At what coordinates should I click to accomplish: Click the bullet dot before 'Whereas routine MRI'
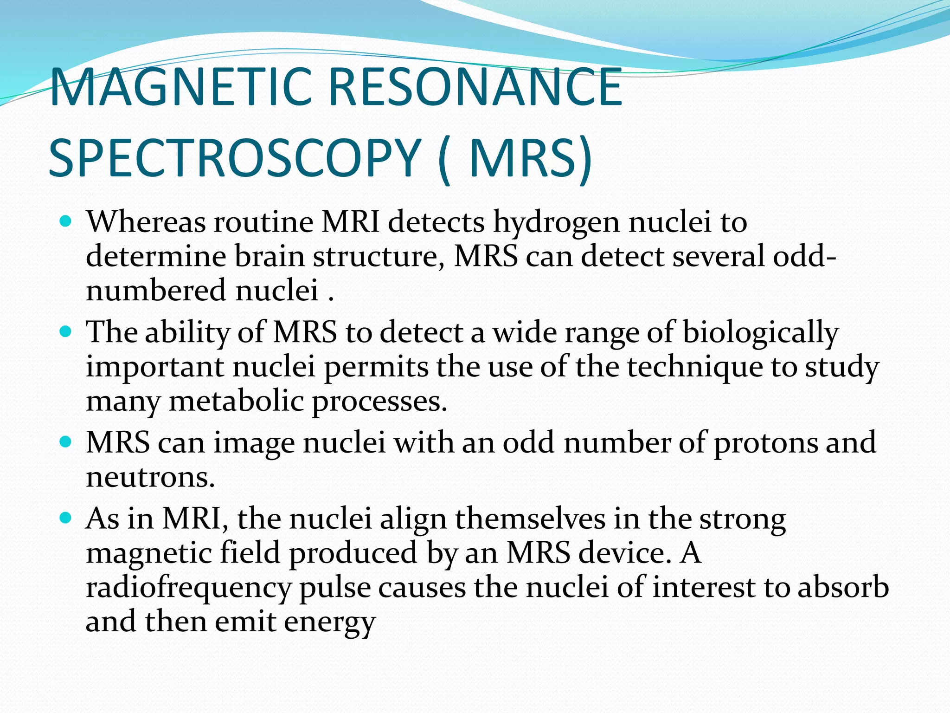(x=66, y=221)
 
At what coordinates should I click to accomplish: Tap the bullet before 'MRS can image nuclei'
(x=66, y=442)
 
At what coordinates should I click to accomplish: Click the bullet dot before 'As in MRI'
(x=66, y=518)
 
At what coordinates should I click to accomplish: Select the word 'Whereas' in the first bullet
(x=146, y=221)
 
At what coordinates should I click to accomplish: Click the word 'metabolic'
(x=236, y=401)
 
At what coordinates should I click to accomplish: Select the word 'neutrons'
(x=151, y=477)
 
